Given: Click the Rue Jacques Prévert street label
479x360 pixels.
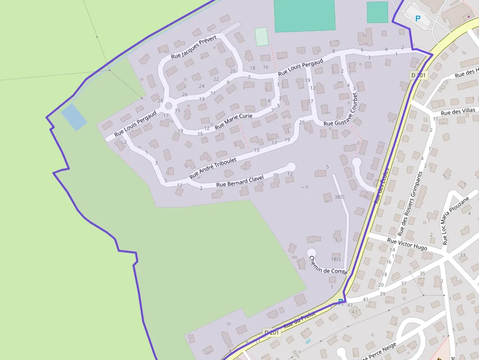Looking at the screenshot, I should click(x=194, y=47).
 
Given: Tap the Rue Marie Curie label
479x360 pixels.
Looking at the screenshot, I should click(x=234, y=120).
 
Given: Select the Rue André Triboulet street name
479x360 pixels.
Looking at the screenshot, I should click(x=213, y=167).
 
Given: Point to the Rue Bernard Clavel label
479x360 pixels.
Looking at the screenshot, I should click(x=240, y=181).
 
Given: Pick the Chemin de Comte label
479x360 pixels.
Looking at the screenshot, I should click(x=328, y=265).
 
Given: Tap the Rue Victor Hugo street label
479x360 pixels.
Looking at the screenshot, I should click(x=407, y=244).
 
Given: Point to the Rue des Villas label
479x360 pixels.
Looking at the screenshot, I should click(x=457, y=112).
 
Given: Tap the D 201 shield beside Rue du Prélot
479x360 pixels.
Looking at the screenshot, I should click(x=271, y=333).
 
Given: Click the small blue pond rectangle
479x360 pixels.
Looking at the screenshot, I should click(x=74, y=117).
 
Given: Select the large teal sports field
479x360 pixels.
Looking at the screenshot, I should click(x=305, y=16).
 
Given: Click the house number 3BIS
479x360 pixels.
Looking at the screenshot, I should click(x=339, y=197).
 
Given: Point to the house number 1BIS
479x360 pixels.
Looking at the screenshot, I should click(x=336, y=259).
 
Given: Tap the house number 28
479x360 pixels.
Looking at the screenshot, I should click(x=160, y=101).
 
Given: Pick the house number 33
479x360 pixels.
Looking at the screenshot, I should click(x=462, y=255).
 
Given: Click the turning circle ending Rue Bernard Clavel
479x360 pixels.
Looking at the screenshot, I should click(x=291, y=167).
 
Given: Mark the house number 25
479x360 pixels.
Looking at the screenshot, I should click(x=302, y=122).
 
